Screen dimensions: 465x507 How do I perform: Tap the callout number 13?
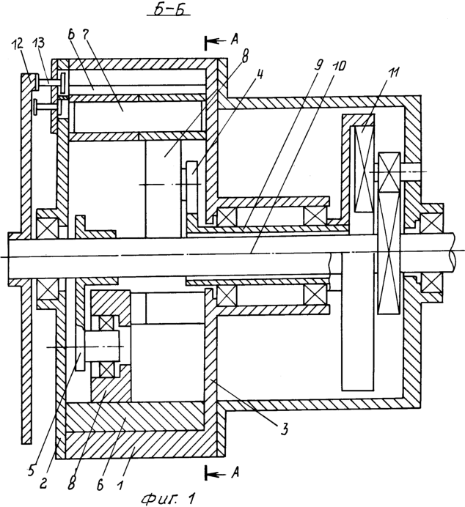coord(40,43)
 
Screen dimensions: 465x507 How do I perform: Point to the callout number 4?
coord(260,75)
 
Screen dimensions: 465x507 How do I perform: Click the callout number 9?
coord(318,66)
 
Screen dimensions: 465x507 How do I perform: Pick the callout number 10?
coord(339,66)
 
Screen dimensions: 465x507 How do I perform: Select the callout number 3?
coord(284,429)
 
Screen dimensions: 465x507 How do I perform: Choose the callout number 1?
coord(120,485)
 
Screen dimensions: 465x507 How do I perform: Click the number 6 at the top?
coord(72,35)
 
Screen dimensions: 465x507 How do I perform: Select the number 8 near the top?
coord(245,57)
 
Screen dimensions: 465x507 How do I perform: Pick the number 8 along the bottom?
coord(72,484)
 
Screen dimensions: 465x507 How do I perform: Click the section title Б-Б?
coord(169,10)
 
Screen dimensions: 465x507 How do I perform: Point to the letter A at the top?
coord(235,40)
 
